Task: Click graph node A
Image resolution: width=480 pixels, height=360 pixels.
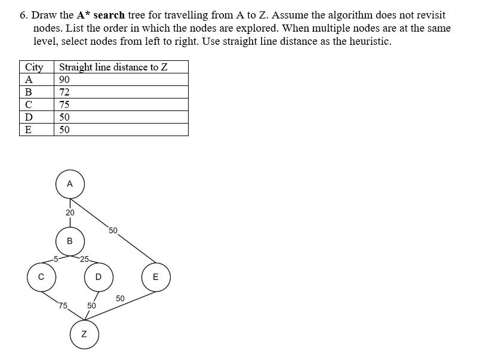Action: pos(70,184)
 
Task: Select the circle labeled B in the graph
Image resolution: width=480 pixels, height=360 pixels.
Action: pos(70,241)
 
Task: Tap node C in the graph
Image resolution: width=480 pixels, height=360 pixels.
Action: pos(41,276)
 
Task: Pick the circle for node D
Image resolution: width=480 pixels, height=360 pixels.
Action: pos(99,276)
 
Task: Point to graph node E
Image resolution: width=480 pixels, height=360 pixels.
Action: pos(156,276)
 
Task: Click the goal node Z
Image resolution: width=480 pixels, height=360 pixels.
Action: pos(84,334)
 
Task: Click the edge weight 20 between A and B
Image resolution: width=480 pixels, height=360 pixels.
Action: pos(70,213)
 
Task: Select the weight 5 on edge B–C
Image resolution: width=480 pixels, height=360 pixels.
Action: pos(56,259)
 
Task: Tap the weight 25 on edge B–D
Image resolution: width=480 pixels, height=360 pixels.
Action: pos(84,259)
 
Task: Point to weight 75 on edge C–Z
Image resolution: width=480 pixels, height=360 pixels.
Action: pos(63,305)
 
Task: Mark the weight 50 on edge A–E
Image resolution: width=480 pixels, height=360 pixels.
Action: pos(113,230)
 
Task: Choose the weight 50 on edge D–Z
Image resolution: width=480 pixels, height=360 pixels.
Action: pos(91,305)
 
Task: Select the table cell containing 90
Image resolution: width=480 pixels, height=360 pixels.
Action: pos(64,79)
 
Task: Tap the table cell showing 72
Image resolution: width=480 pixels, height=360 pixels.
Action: pos(64,92)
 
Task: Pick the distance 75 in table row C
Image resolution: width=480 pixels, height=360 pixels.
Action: pos(64,104)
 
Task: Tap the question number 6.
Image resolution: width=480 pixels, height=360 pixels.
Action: pos(23,15)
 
